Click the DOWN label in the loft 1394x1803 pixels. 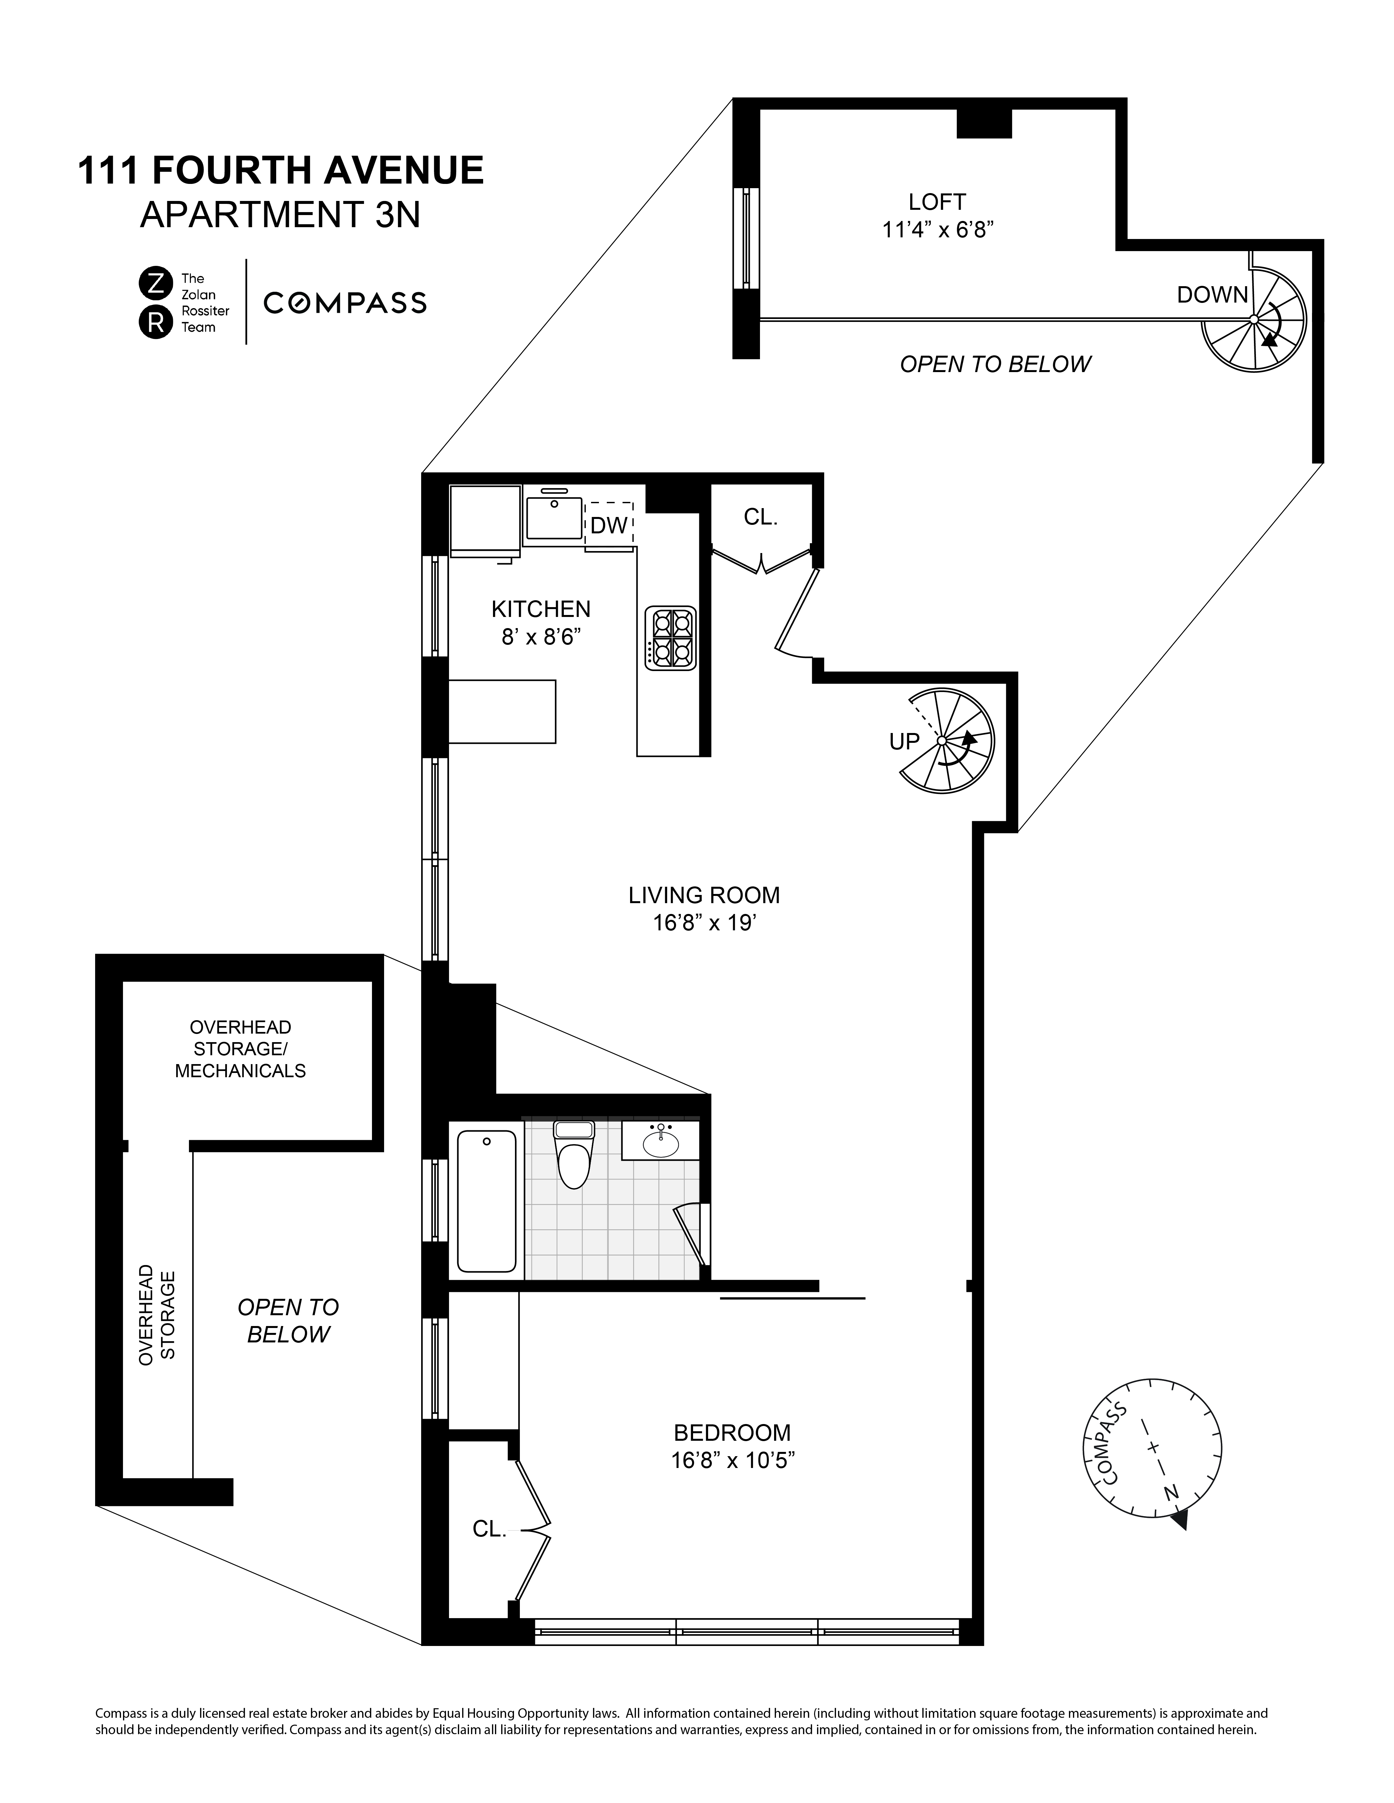coord(1212,295)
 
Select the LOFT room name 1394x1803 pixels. coord(936,201)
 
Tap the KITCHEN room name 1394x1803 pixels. coord(541,609)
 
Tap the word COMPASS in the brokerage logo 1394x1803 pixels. coord(344,303)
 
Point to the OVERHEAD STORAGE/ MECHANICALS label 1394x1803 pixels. coord(240,1048)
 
